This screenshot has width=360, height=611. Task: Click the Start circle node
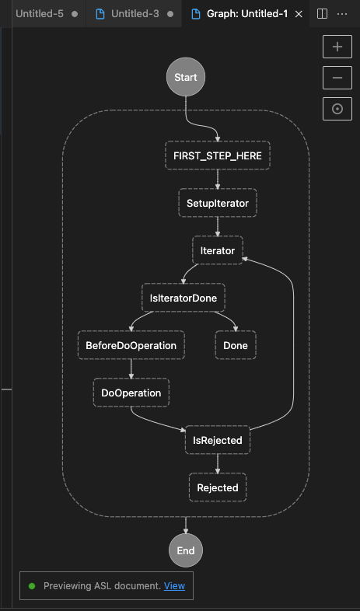[x=186, y=77]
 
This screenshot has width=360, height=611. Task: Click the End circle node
[x=186, y=550]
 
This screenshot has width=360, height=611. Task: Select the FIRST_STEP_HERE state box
[x=218, y=155]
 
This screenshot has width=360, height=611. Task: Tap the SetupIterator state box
[x=218, y=203]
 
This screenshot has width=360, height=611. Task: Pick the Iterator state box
[x=218, y=250]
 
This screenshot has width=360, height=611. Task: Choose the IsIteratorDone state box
[x=183, y=298]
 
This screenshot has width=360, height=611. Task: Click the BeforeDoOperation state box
[x=131, y=345]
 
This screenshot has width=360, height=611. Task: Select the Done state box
[x=236, y=345]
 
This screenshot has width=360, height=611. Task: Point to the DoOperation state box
[x=131, y=393]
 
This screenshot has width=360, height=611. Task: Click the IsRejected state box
[x=218, y=440]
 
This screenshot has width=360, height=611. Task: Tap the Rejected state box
[x=218, y=487]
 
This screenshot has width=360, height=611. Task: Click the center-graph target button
[x=337, y=109]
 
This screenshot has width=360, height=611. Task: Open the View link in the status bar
[x=174, y=585]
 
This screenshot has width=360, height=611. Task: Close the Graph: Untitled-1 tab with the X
[x=299, y=14]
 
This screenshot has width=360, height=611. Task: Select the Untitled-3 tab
[x=135, y=14]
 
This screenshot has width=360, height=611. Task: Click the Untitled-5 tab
[x=47, y=14]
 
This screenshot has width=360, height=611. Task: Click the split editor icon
[x=322, y=14]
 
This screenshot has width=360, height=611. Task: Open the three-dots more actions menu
[x=342, y=14]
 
